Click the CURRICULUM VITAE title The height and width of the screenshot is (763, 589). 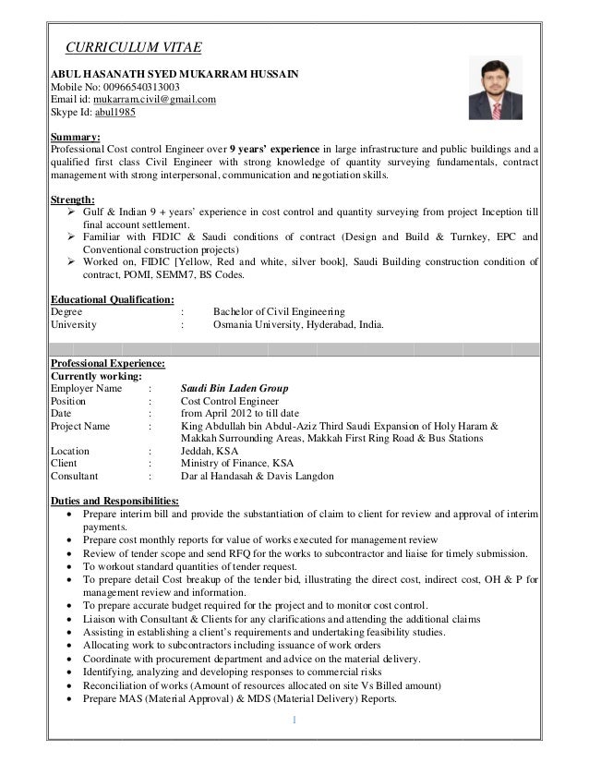(x=132, y=48)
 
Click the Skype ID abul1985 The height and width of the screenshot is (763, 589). (x=117, y=114)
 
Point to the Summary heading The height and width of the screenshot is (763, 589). (x=75, y=136)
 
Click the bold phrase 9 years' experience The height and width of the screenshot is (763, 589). (x=275, y=149)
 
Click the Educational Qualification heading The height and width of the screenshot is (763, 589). (x=112, y=299)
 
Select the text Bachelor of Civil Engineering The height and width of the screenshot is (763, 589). (x=279, y=312)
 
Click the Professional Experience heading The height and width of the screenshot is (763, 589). (x=108, y=363)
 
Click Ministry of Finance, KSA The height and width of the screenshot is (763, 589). (x=238, y=464)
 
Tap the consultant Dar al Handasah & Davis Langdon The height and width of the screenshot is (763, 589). (x=258, y=477)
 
